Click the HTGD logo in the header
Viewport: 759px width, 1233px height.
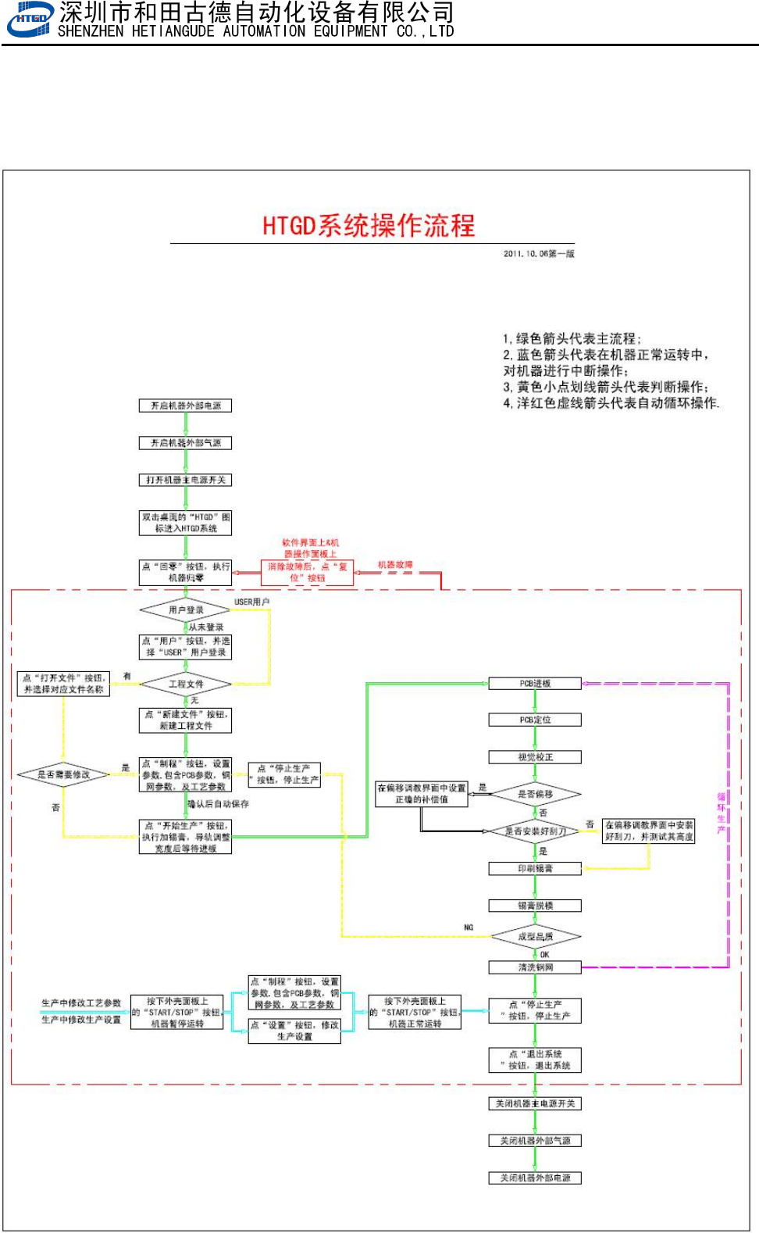click(30, 20)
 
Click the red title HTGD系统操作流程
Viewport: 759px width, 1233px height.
click(369, 226)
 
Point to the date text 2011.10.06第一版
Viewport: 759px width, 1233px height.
click(539, 254)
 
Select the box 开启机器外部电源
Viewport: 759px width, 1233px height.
click(186, 406)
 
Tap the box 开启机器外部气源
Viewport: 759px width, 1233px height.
click(186, 443)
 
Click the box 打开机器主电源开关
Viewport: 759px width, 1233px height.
click(186, 480)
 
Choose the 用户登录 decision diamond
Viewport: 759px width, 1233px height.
click(186, 609)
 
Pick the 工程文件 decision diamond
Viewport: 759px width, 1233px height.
click(186, 684)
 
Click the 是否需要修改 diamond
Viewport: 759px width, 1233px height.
click(63, 774)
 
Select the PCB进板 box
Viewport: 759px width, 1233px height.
click(535, 684)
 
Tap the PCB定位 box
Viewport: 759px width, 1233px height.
click(535, 720)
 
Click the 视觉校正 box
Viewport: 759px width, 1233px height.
click(535, 757)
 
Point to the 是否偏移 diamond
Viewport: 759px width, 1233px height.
click(535, 794)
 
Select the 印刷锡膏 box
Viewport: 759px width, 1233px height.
click(535, 868)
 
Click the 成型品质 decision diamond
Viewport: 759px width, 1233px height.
click(535, 936)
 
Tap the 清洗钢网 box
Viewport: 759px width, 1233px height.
click(535, 967)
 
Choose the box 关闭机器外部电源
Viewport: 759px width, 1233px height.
click(535, 1178)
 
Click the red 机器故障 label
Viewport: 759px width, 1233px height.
click(395, 565)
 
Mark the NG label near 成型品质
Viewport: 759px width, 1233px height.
click(469, 927)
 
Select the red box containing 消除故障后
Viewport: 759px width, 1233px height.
click(307, 572)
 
